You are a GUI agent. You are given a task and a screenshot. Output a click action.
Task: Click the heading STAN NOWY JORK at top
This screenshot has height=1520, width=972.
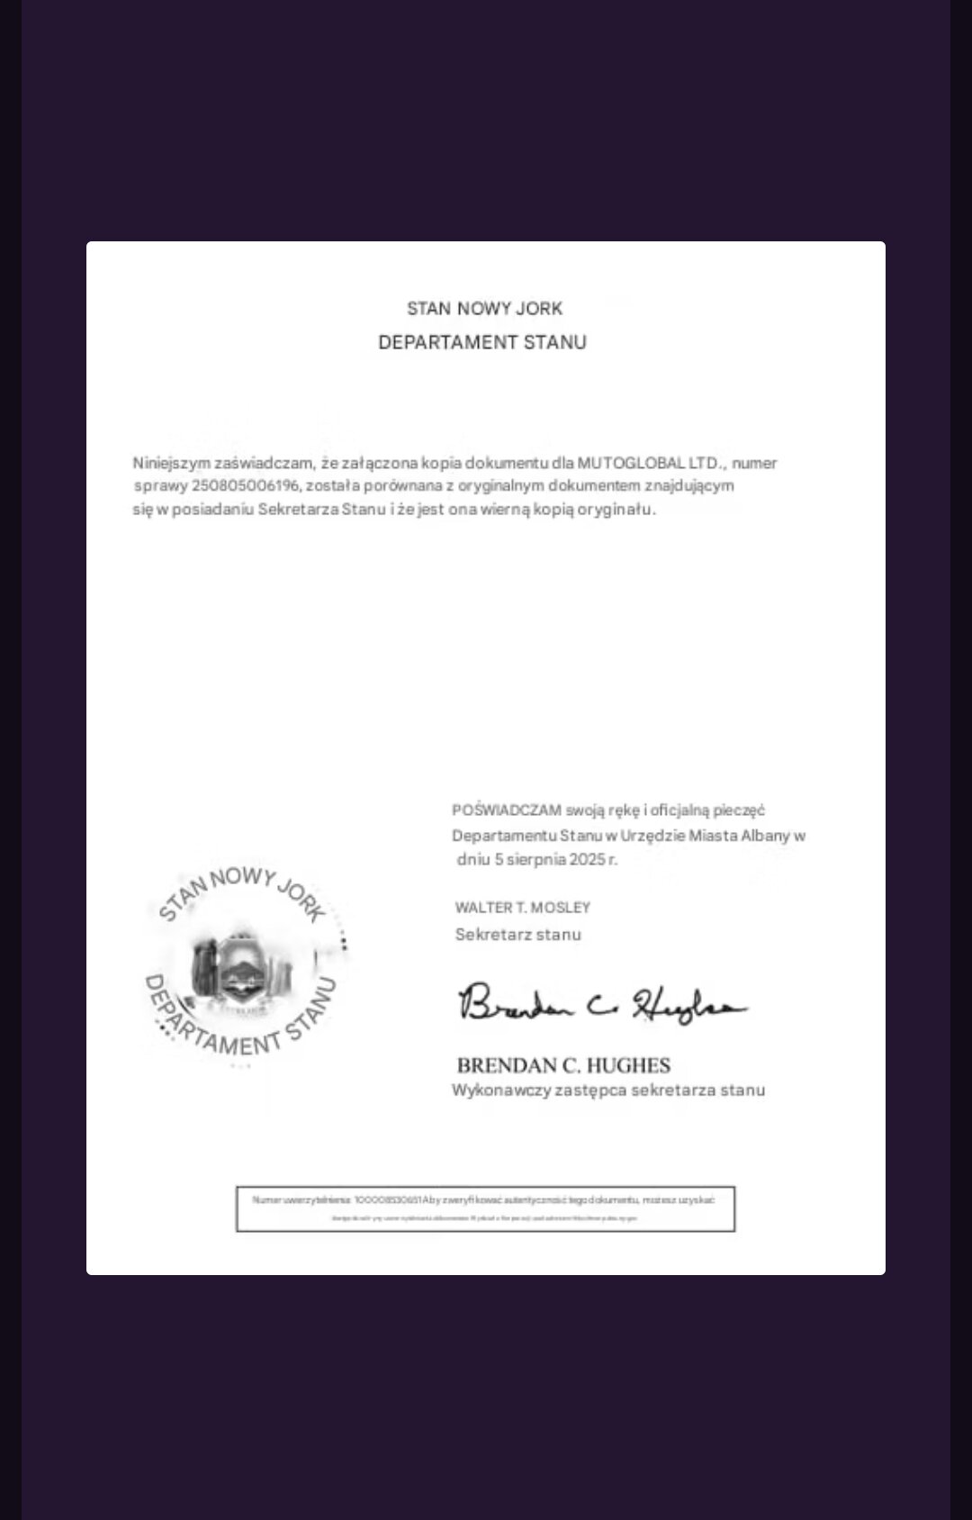484,309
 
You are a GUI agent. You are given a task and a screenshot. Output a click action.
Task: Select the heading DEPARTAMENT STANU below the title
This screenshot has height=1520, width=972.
482,343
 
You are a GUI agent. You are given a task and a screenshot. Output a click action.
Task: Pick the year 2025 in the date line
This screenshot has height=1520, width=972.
587,859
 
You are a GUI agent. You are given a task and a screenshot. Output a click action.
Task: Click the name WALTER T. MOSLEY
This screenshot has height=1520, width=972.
523,908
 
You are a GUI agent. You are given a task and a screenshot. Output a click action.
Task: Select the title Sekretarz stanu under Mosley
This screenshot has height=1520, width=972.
518,935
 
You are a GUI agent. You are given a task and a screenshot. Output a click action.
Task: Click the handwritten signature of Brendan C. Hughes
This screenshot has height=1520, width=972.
601,1002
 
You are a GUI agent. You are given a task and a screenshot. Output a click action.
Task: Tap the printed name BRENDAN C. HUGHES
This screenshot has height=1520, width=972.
563,1066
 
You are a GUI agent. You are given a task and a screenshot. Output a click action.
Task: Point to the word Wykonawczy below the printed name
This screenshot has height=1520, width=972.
493,1090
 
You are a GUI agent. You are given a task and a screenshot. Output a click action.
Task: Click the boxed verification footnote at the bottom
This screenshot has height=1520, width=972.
485,1208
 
